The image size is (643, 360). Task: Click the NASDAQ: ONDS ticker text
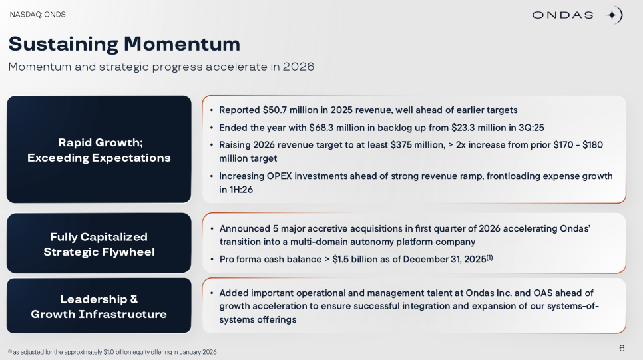pos(37,15)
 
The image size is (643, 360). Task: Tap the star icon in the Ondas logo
pos(612,15)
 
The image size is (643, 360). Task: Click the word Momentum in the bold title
pos(182,43)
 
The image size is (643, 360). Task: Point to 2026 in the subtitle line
pos(298,67)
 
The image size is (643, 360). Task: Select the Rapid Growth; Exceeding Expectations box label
pos(99,150)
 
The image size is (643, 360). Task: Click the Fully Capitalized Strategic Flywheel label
pos(99,244)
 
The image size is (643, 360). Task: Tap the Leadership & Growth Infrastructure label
pos(99,307)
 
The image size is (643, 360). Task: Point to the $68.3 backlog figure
pos(321,128)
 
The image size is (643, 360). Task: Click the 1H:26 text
pos(241,190)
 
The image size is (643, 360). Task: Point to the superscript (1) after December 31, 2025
pos(490,258)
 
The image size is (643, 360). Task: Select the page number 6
pos(622,348)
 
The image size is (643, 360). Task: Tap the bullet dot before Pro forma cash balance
pos(212,259)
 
